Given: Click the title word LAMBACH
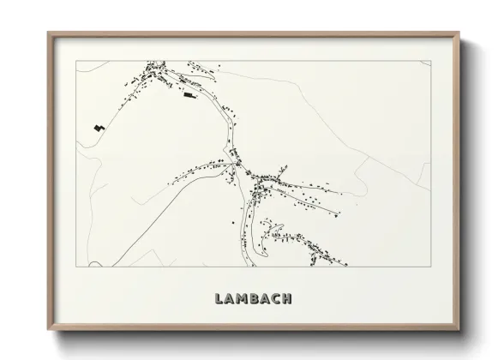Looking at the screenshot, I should [x=250, y=299].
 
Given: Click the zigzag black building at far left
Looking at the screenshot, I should [x=100, y=128].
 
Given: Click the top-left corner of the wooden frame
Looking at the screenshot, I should [x=48, y=33].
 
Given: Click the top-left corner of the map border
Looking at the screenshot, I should [x=76, y=61].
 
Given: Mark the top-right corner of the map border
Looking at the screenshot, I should [x=428, y=61].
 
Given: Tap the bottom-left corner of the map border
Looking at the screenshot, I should [x=76, y=267].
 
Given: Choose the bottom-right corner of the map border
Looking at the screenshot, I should [x=428, y=267].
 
